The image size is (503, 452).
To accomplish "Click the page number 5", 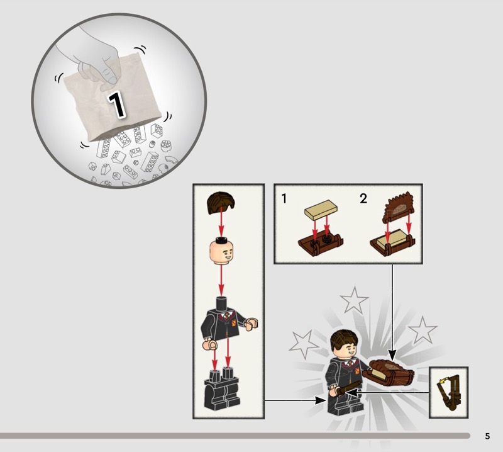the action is (487, 436).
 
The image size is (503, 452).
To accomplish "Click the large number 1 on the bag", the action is (116, 105).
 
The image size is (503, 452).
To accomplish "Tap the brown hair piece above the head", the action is (221, 203).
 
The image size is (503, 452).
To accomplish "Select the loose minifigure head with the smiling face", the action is (221, 251).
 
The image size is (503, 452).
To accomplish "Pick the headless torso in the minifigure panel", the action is (229, 322).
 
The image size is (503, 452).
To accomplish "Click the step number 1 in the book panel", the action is (284, 198).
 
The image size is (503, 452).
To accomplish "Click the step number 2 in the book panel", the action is (363, 198).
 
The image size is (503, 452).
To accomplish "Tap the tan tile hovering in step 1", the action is (321, 210).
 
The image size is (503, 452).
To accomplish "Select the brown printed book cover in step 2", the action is (399, 208).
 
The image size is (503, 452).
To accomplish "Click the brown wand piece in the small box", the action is (449, 392).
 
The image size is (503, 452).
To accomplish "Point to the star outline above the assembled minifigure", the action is (354, 300).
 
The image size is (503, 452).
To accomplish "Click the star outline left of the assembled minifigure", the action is (303, 344).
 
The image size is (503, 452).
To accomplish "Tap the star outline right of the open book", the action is (422, 331).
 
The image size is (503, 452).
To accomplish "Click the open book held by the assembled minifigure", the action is (389, 373).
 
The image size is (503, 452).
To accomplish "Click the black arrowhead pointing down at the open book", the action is (392, 355).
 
